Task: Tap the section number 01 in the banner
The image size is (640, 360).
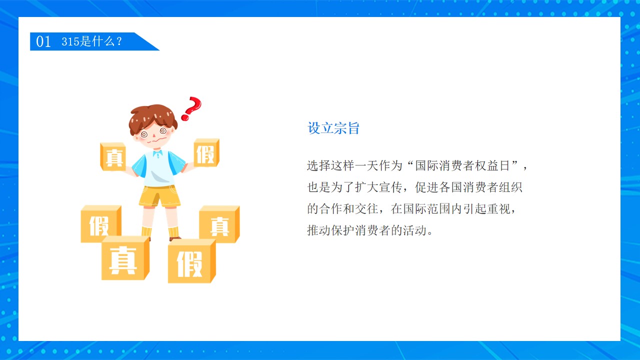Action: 43,41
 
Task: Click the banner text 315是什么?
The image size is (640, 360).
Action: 91,41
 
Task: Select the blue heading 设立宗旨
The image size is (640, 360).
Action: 333,127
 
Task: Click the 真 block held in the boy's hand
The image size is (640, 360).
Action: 113,156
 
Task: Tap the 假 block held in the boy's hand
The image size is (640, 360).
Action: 206,152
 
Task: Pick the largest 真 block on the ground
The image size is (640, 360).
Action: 125,258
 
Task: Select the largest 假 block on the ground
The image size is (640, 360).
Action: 191,261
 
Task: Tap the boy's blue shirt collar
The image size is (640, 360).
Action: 157,154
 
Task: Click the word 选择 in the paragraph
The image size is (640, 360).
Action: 319,165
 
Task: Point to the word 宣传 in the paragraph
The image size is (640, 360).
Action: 390,187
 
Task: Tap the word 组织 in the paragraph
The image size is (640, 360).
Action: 510,187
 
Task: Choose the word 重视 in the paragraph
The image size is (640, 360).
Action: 498,209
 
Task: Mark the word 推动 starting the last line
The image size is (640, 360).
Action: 319,230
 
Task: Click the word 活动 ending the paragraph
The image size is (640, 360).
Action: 414,230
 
